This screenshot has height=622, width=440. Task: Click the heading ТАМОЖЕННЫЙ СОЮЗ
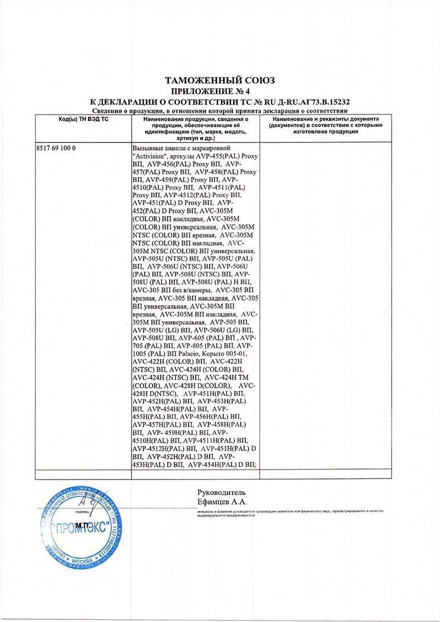click(x=220, y=80)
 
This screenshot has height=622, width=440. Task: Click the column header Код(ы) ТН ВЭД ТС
click(x=83, y=119)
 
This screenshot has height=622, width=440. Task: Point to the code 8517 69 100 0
click(x=56, y=149)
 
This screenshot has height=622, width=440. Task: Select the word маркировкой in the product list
click(x=211, y=149)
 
